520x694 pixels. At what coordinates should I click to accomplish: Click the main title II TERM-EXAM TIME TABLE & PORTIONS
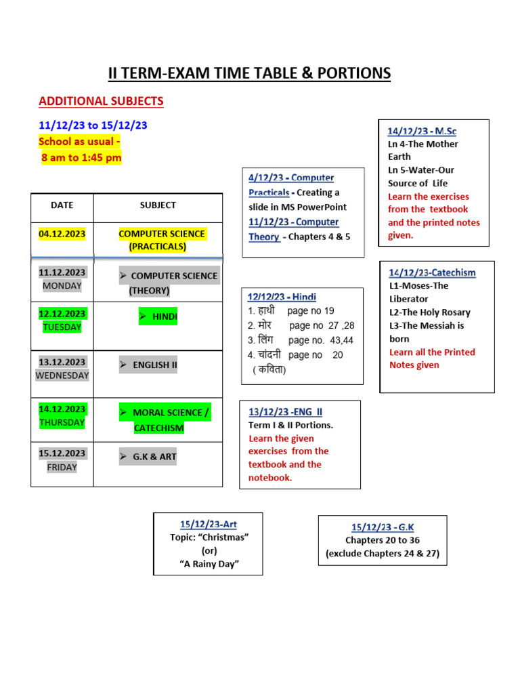[x=250, y=73]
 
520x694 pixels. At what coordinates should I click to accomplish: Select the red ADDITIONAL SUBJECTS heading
[x=101, y=102]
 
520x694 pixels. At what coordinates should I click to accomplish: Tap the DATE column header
[x=62, y=205]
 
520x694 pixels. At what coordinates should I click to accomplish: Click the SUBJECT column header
[x=158, y=205]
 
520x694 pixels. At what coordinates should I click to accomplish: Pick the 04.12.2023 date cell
[x=62, y=234]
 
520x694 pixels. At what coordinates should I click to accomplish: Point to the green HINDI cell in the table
[x=158, y=317]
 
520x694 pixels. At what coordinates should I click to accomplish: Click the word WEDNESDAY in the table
[x=62, y=375]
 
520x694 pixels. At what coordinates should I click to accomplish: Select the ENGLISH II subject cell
[x=148, y=365]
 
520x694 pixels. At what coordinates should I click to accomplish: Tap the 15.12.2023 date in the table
[x=62, y=453]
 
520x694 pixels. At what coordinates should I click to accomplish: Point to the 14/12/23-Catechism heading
[x=432, y=272]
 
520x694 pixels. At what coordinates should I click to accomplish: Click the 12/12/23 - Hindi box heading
[x=282, y=297]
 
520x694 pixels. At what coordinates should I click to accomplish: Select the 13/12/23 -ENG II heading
[x=285, y=411]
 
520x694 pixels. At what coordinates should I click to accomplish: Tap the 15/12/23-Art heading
[x=209, y=524]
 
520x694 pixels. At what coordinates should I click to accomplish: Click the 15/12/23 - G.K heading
[x=383, y=527]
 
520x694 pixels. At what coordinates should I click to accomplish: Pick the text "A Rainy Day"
[x=209, y=564]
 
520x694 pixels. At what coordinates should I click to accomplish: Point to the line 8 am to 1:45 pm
[x=81, y=158]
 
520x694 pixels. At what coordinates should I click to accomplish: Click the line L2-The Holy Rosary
[x=430, y=312]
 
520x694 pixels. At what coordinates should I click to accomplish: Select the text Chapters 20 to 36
[x=383, y=540]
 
